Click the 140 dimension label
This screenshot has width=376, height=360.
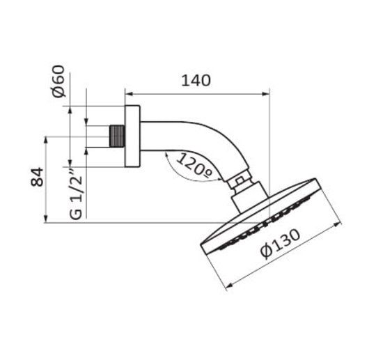pos(196,81)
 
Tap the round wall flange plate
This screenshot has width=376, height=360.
pos(132,136)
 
